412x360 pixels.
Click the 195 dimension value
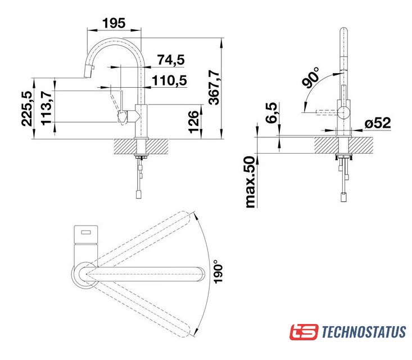click(x=114, y=23)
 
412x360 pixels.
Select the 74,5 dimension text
click(x=171, y=60)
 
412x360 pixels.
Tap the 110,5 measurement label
click(x=169, y=80)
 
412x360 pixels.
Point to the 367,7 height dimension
click(x=214, y=88)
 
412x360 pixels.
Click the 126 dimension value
click(x=194, y=122)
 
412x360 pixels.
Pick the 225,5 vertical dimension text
click(x=27, y=108)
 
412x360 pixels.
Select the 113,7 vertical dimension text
click(x=47, y=107)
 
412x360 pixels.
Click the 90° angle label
click(x=311, y=77)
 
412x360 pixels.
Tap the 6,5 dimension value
click(x=271, y=112)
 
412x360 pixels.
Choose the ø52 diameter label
click(x=378, y=123)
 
